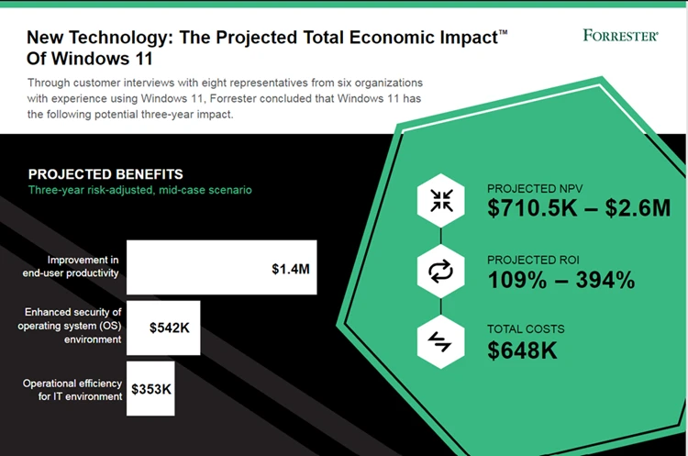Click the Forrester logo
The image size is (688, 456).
[x=620, y=36]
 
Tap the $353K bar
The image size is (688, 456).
[x=150, y=389]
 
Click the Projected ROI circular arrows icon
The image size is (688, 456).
[x=441, y=272]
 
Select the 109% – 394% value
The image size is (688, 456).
[x=560, y=280]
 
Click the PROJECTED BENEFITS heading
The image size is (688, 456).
[x=105, y=174]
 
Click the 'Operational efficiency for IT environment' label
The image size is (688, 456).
[x=72, y=390]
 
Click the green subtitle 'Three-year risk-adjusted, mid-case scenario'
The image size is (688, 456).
[x=139, y=191]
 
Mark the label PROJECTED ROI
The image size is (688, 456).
[x=532, y=260]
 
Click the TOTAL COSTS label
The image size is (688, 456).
[x=526, y=328]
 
